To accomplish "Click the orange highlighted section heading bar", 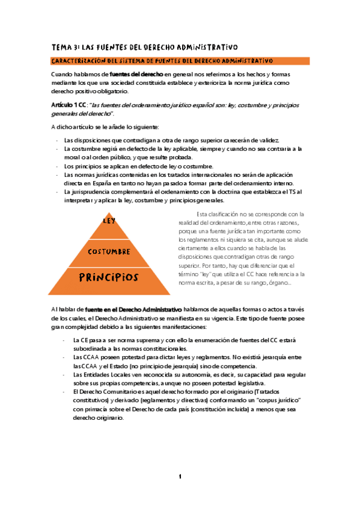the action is tap(180, 61).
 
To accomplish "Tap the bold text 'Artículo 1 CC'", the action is tap(69, 105).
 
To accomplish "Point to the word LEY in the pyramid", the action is tap(109, 221).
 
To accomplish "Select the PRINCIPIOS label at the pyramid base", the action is tap(109, 277).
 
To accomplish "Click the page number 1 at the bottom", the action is tap(179, 477).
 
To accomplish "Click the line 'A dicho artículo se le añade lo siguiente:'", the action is tap(105, 127).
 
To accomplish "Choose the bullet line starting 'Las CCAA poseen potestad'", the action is tap(180, 357).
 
